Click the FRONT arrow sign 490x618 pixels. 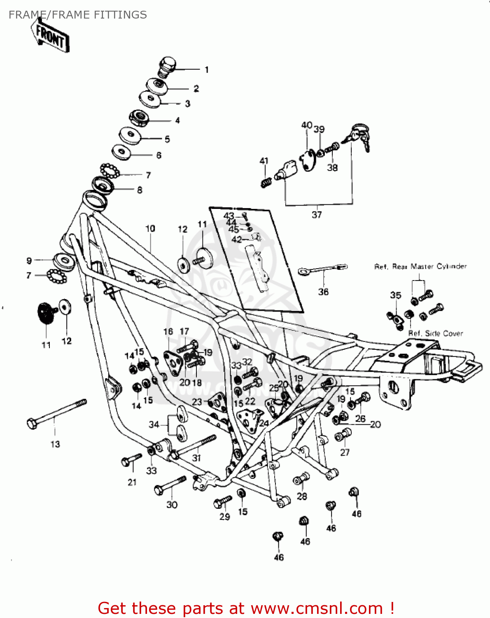(50, 36)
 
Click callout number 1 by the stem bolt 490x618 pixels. (207, 70)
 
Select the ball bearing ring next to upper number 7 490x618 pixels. (110, 170)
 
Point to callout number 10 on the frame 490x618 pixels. (150, 228)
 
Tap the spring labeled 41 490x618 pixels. (266, 182)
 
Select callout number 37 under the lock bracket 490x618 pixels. (317, 215)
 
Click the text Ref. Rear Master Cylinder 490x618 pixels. (420, 267)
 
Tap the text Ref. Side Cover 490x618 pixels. (436, 333)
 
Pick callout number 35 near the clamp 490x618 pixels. (395, 295)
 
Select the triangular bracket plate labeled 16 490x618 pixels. (173, 362)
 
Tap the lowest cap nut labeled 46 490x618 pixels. (278, 537)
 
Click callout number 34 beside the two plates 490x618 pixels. (154, 424)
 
